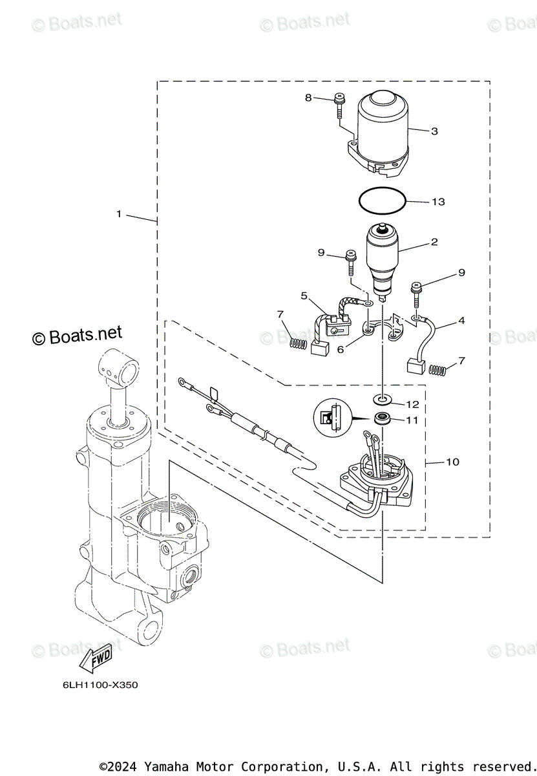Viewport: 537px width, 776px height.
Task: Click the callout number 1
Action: point(119,213)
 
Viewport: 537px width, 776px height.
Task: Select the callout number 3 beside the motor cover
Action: point(434,131)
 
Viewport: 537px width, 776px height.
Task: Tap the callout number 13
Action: point(438,202)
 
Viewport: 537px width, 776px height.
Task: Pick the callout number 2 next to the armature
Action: point(434,242)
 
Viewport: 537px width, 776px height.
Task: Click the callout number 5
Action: point(304,296)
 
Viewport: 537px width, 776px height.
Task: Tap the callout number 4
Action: point(461,320)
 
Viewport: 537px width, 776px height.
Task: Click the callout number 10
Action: point(452,462)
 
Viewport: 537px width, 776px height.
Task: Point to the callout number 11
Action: point(412,420)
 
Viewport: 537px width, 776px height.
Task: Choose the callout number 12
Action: point(412,404)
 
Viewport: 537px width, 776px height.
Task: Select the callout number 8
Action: point(308,98)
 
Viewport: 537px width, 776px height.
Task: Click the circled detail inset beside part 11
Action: point(331,417)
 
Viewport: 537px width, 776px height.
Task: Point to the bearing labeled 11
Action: point(383,418)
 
